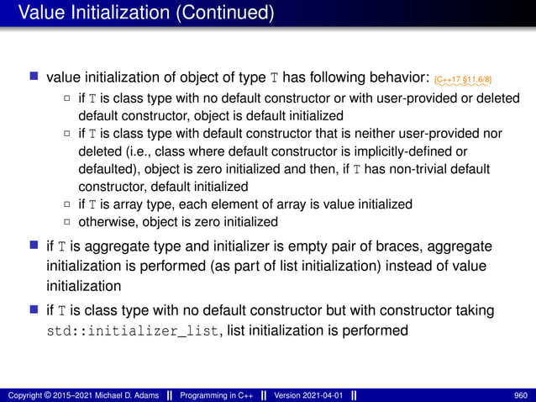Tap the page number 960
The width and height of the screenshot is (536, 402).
click(x=520, y=394)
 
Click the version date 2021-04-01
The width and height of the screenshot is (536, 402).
click(x=320, y=394)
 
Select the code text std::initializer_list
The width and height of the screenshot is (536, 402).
click(x=133, y=331)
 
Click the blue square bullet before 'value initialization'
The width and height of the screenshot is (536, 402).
click(x=35, y=78)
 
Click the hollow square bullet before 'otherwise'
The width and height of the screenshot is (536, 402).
click(x=68, y=222)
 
